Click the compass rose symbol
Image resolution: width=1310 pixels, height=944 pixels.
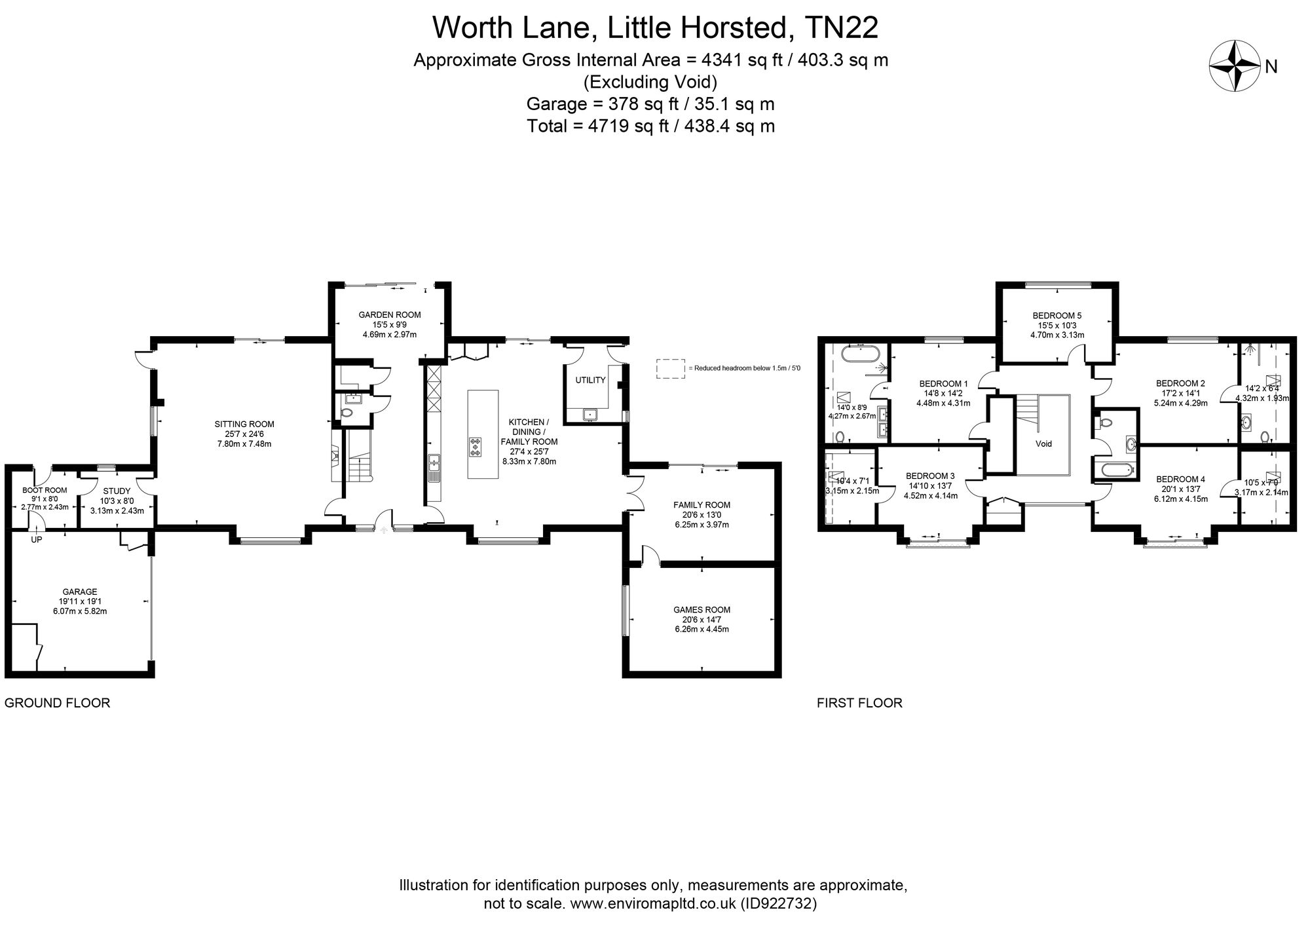click(1234, 66)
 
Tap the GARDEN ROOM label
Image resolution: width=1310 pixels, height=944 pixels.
click(389, 314)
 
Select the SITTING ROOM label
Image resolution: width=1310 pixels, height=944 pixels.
click(244, 424)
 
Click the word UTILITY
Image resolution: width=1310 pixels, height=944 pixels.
click(590, 380)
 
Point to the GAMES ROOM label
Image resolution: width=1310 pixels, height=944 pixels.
click(702, 609)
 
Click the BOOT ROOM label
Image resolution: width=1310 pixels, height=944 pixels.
click(45, 490)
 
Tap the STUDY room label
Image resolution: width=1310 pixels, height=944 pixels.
click(117, 491)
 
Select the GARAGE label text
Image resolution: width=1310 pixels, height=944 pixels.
click(80, 592)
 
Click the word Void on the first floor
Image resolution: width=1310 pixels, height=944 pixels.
click(1043, 444)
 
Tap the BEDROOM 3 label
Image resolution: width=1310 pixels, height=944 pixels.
click(930, 476)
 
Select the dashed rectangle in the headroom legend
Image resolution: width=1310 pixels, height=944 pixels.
click(670, 368)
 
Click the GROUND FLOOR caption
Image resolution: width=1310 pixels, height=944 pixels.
click(58, 703)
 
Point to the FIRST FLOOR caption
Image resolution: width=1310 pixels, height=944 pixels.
click(859, 703)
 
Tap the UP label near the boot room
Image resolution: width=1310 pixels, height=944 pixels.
click(37, 540)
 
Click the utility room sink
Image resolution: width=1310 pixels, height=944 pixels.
click(591, 414)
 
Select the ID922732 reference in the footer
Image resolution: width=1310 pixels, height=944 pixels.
click(778, 904)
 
